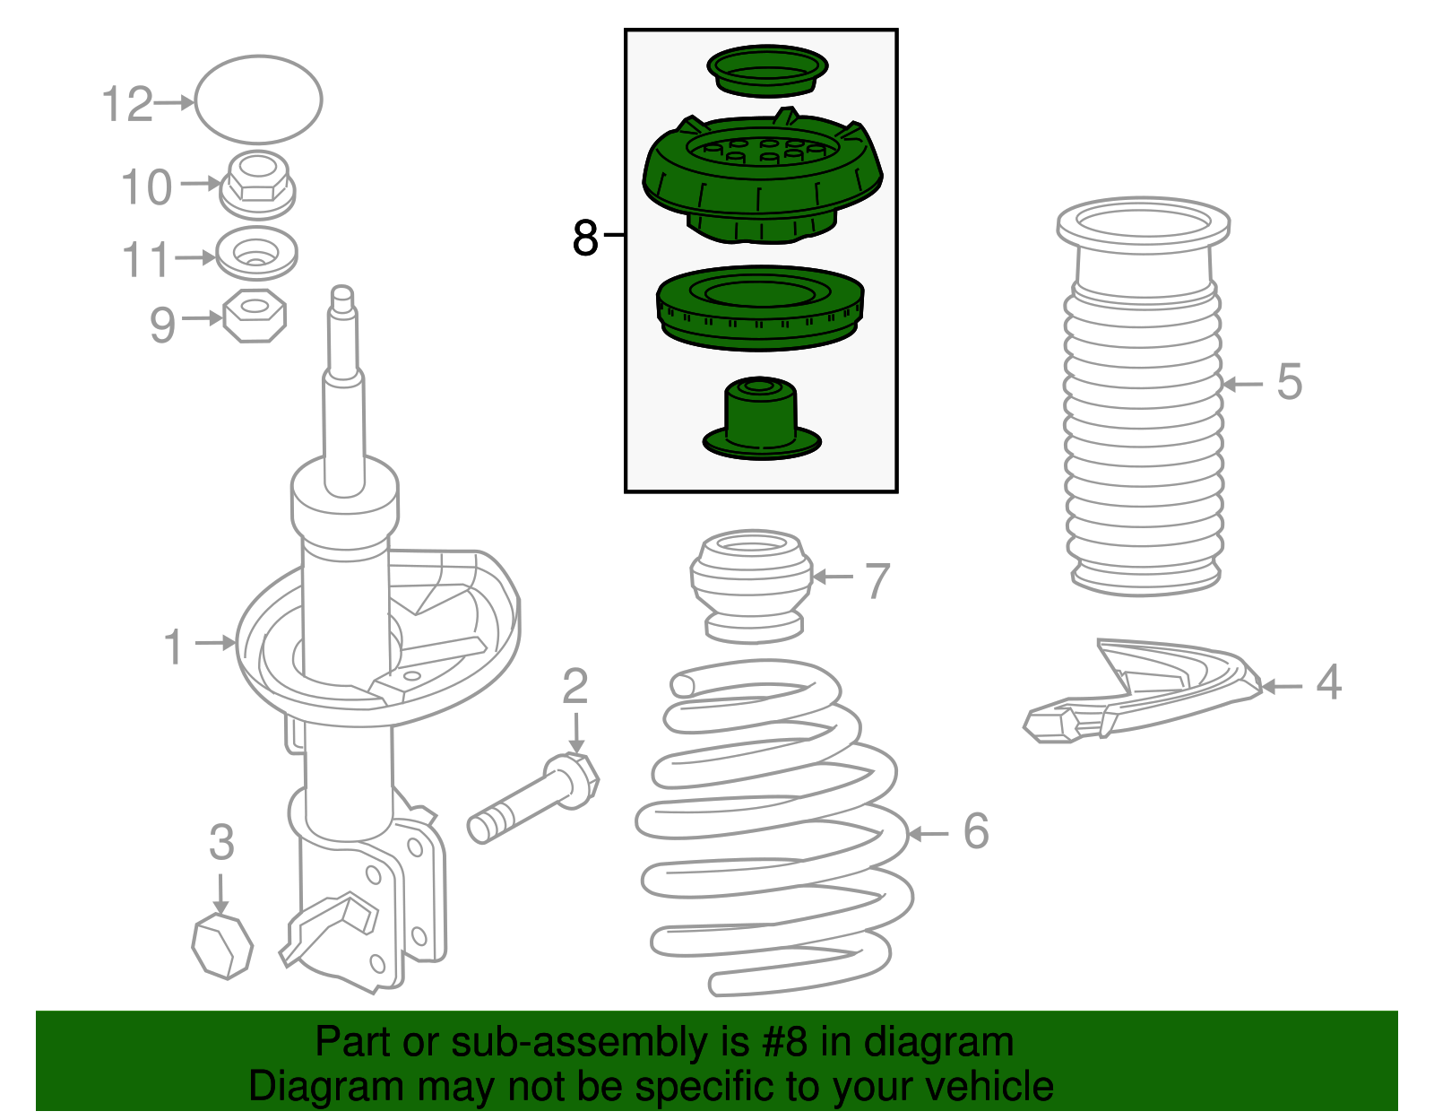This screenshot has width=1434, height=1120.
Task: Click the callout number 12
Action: (x=127, y=104)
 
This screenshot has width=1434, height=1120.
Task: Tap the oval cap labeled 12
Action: (x=258, y=99)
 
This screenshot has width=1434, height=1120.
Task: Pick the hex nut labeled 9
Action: (x=255, y=316)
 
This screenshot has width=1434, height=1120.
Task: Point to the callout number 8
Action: (x=585, y=239)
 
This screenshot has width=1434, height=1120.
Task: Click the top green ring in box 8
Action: (x=767, y=71)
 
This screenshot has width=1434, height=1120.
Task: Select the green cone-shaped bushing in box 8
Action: (x=761, y=418)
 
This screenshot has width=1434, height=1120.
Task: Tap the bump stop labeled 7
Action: (x=751, y=585)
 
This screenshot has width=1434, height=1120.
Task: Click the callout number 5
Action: (x=1289, y=382)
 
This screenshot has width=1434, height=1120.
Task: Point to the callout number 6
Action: (x=976, y=831)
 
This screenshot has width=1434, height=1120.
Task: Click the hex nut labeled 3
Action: (x=222, y=945)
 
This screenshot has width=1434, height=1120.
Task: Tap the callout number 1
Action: (x=174, y=647)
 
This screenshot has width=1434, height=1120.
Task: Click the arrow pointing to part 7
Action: (x=833, y=577)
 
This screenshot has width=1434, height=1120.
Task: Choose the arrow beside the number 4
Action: (x=1281, y=687)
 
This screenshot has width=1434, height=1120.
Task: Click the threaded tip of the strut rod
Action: (x=342, y=300)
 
